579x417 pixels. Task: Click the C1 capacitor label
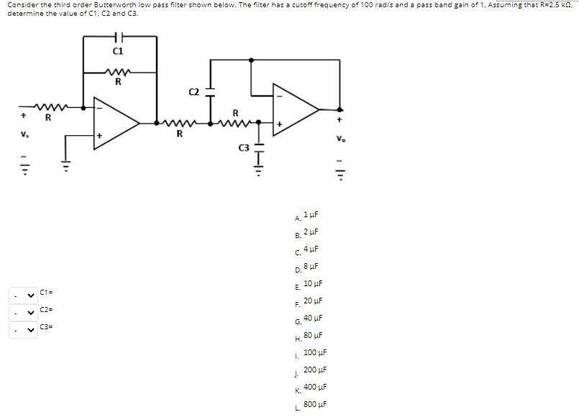(119, 51)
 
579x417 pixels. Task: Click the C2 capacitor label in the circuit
(193, 91)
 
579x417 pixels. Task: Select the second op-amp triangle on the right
(295, 109)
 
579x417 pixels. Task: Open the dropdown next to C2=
(21, 312)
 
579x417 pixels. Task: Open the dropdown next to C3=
(21, 329)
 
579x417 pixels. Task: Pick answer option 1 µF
(311, 215)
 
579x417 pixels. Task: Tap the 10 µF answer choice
(313, 284)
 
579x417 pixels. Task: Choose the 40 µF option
(313, 318)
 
